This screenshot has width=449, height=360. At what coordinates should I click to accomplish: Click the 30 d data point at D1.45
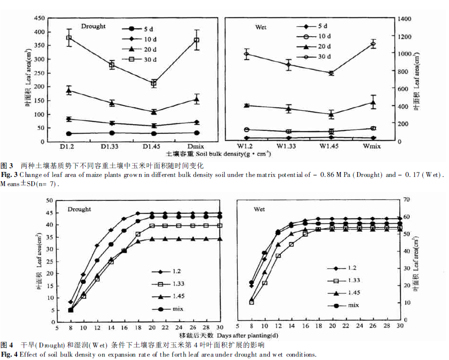coord(154,83)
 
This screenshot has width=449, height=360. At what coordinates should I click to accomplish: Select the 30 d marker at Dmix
coord(197,40)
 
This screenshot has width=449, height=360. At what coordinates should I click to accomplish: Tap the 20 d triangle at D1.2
coord(69,90)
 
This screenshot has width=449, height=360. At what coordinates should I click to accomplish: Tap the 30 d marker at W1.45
coord(331,73)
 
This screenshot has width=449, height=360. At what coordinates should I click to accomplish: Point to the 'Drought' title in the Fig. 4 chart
coord(79,209)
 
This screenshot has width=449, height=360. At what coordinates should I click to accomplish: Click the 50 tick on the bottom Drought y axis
coord(50,200)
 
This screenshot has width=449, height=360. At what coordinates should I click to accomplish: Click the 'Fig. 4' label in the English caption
coord(9,355)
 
